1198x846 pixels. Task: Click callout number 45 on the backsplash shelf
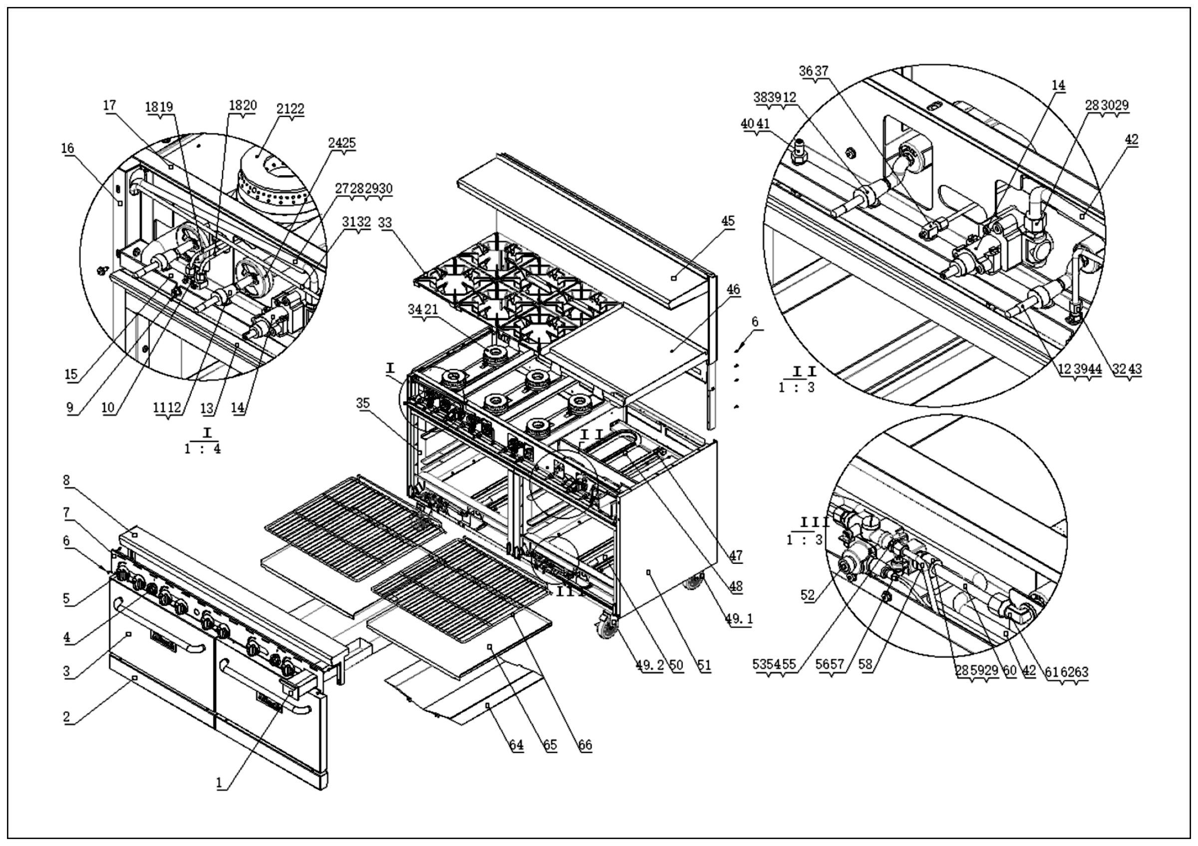click(x=728, y=221)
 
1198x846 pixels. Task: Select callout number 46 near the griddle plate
click(x=733, y=289)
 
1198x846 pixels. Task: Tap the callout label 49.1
click(x=739, y=619)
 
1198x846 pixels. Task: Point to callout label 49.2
click(x=649, y=665)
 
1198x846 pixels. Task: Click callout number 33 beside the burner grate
click(x=384, y=222)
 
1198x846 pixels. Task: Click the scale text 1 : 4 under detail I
click(x=203, y=449)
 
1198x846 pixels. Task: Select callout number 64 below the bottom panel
click(x=517, y=745)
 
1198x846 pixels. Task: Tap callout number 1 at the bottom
click(x=219, y=783)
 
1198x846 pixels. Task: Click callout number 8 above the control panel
click(x=66, y=479)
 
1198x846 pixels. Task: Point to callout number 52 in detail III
click(x=807, y=595)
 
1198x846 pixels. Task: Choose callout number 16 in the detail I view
click(x=68, y=148)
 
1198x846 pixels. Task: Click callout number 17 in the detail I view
click(x=110, y=105)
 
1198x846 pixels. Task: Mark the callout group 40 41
click(x=754, y=124)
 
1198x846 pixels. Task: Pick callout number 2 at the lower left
click(x=66, y=717)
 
